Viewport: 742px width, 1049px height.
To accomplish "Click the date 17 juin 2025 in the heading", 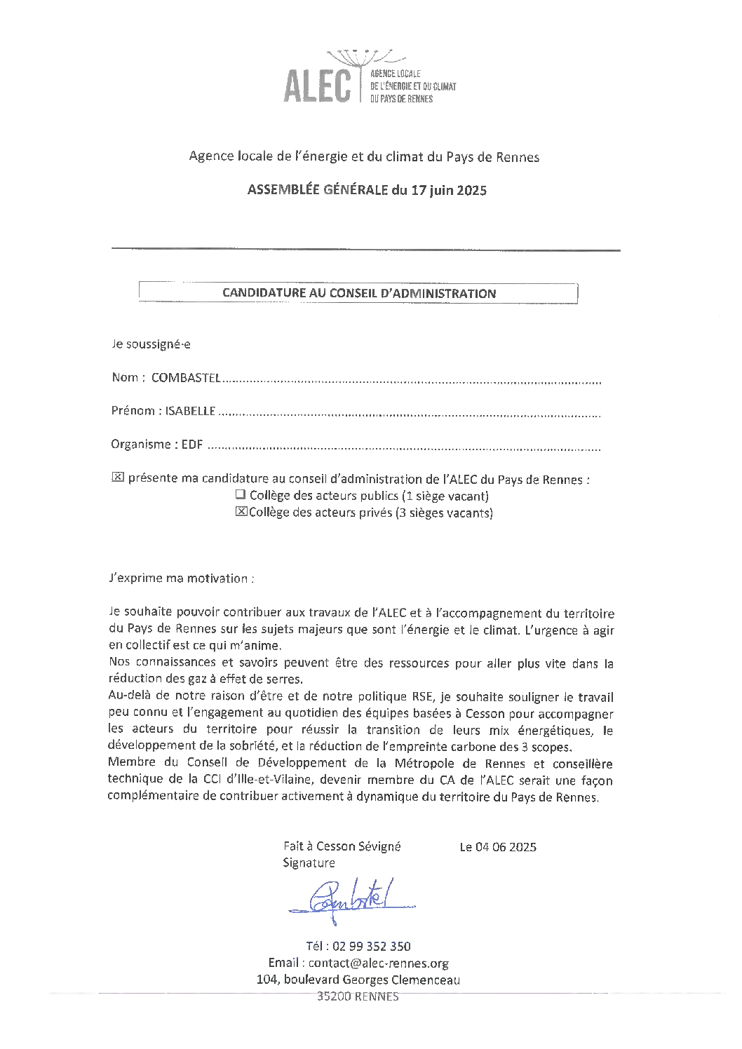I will tap(449, 190).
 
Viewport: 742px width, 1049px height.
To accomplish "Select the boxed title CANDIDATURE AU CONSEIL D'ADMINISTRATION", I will tap(358, 293).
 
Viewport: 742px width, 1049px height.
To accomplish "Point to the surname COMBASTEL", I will tap(186, 377).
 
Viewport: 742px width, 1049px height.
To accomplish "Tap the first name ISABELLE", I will tap(190, 411).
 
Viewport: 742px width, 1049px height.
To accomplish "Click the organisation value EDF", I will tap(192, 445).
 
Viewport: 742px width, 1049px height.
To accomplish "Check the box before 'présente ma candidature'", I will tap(117, 478).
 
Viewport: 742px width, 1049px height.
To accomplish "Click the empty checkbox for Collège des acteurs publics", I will tap(241, 495).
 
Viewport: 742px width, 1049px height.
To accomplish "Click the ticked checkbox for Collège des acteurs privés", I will tap(241, 512).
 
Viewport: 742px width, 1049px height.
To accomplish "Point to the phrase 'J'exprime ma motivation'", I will tap(181, 578).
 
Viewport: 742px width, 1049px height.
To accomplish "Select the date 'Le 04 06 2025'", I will tap(498, 847).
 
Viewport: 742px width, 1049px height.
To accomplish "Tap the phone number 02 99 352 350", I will tap(371, 947).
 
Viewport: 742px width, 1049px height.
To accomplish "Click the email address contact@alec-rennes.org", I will tap(379, 963).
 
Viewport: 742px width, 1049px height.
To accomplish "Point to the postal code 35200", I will tap(334, 996).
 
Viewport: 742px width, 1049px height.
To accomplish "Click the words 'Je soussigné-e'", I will tap(151, 344).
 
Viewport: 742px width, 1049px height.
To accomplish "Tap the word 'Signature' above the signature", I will tap(309, 863).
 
